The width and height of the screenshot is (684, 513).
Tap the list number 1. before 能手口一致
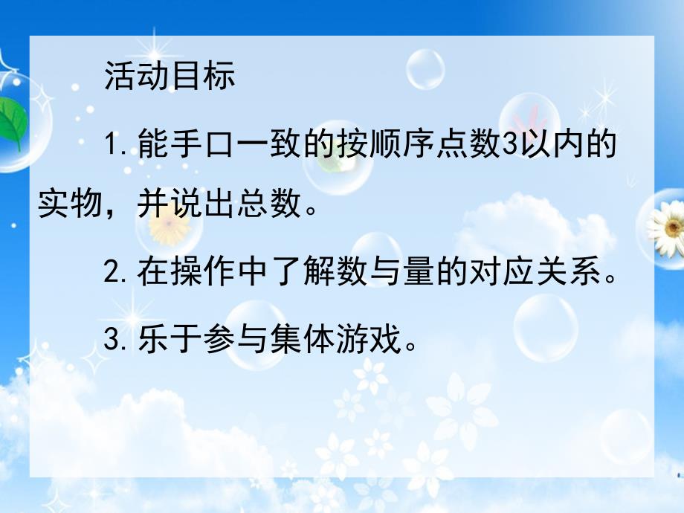117,145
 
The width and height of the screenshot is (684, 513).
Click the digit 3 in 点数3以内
509,145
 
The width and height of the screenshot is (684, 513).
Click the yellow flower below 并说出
167,230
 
